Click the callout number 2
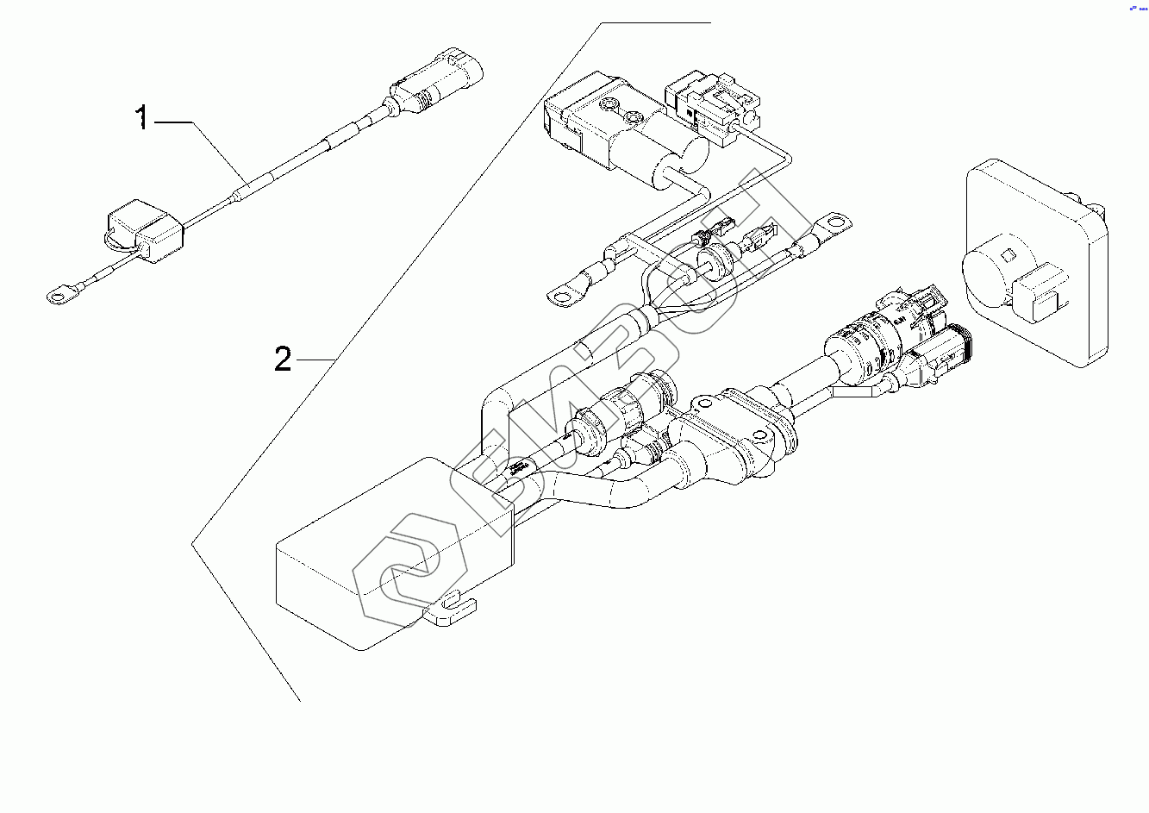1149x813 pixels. (x=283, y=359)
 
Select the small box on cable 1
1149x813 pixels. (x=144, y=232)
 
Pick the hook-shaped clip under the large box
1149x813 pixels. (x=450, y=613)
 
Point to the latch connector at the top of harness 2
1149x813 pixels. (x=711, y=103)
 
